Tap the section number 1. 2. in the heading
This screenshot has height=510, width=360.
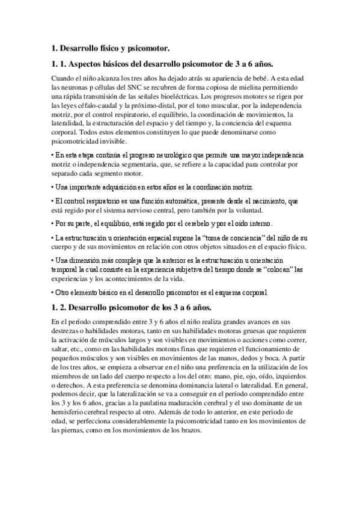tap(61, 308)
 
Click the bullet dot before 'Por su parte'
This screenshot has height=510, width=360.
tap(53, 224)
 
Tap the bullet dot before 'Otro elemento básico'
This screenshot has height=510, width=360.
tap(53, 293)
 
